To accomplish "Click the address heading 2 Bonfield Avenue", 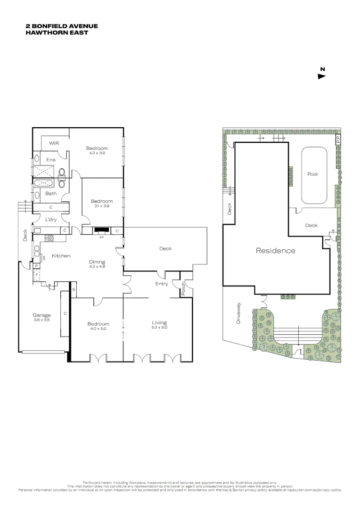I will coord(62,27).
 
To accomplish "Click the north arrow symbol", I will coord(322,75).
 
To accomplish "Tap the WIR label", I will coord(53,143).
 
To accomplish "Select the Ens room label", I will coord(50,160).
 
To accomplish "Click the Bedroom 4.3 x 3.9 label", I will coord(97,150).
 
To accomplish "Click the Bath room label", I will coord(51,193).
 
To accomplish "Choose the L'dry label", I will coord(51,220).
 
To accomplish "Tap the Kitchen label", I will coord(61,255).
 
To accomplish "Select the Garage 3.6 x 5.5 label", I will coord(41,317).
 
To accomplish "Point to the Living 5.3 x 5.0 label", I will coord(159,325).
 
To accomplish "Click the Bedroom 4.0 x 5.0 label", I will coord(98,326).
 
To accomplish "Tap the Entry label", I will coord(162,284).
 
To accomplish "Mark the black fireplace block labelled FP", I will coord(101,230).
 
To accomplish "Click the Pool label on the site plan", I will coord(312,174).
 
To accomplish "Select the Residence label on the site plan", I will coord(275,251).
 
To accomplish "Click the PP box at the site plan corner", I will coord(337,140).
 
